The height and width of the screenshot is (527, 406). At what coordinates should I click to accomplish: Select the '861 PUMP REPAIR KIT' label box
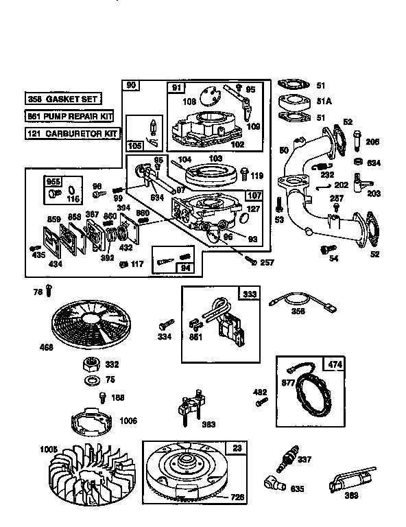click(69, 116)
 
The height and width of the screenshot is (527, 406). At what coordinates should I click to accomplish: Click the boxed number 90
click(131, 85)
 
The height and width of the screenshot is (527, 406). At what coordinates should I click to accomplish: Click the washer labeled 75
click(90, 379)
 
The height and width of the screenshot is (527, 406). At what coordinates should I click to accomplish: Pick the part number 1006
click(128, 421)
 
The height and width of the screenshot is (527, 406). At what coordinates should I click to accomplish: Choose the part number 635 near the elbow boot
click(298, 489)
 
